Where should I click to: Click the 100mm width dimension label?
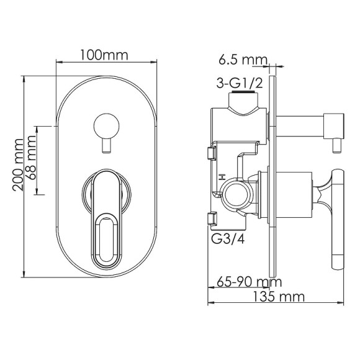[x=104, y=55]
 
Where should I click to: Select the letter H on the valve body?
[x=221, y=178]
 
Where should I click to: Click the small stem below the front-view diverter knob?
[x=106, y=146]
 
